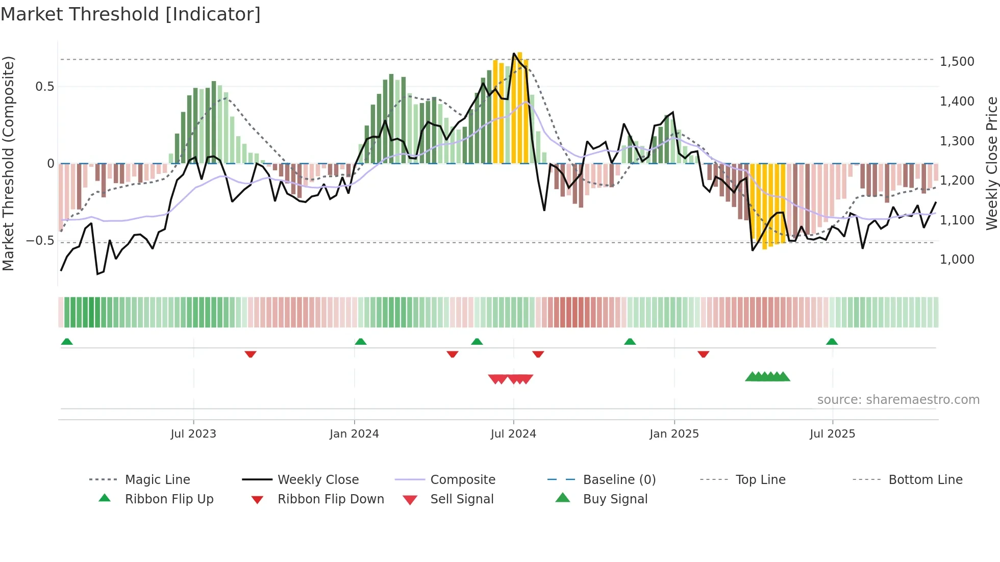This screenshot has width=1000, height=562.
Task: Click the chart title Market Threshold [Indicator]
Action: point(131,14)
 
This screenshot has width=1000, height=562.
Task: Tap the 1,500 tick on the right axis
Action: point(957,62)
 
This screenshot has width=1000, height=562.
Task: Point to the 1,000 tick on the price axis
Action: point(957,260)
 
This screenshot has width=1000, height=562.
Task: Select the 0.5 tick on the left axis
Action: point(44,87)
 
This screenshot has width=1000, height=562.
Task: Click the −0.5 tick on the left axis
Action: point(40,241)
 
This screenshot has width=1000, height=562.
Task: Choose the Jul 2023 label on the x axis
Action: point(193,434)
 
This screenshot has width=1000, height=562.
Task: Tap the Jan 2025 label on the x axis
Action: point(674,434)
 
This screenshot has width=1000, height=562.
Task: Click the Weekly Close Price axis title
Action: point(991,163)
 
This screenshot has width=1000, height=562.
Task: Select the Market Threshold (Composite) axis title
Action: point(8,163)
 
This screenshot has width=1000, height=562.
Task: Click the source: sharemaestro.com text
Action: point(898,400)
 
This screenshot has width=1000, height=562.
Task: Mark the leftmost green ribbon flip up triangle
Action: point(67,342)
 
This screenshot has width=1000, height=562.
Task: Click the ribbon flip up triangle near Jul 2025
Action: point(832,342)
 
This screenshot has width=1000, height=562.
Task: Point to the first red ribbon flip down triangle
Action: point(250,354)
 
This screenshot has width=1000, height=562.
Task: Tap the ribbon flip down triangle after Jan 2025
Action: point(703,354)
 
